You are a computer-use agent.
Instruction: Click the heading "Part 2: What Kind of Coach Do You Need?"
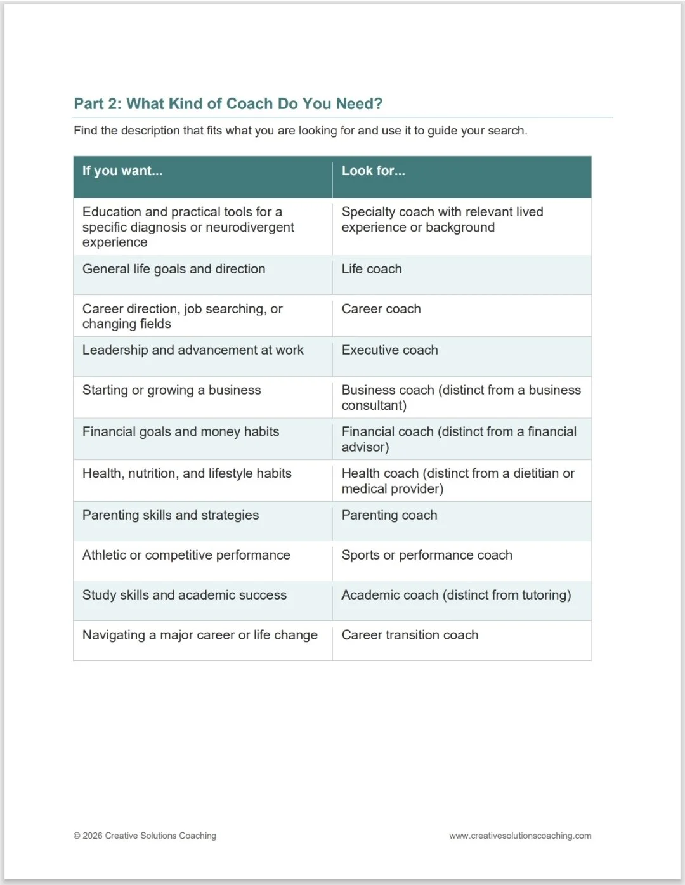click(228, 103)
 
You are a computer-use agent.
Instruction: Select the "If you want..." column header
click(122, 171)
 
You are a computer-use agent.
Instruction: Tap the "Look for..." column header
click(373, 171)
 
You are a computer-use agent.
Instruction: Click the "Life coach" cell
click(372, 269)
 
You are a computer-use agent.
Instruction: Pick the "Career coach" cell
click(381, 309)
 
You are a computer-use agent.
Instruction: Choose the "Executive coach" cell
click(389, 350)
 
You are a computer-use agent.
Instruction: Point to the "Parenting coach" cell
click(389, 515)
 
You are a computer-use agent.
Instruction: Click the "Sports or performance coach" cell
click(427, 555)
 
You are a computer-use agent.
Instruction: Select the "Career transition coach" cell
click(410, 635)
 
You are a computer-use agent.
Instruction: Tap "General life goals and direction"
click(174, 269)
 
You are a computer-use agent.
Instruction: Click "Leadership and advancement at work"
click(193, 350)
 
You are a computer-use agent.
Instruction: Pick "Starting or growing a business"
click(171, 390)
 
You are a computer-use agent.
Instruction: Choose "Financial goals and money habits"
click(181, 432)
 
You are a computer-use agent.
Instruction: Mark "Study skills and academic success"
click(185, 595)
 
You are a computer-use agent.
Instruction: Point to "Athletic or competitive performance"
click(186, 555)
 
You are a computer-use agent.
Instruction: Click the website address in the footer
click(520, 836)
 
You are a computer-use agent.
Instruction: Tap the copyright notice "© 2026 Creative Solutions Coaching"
click(145, 836)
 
